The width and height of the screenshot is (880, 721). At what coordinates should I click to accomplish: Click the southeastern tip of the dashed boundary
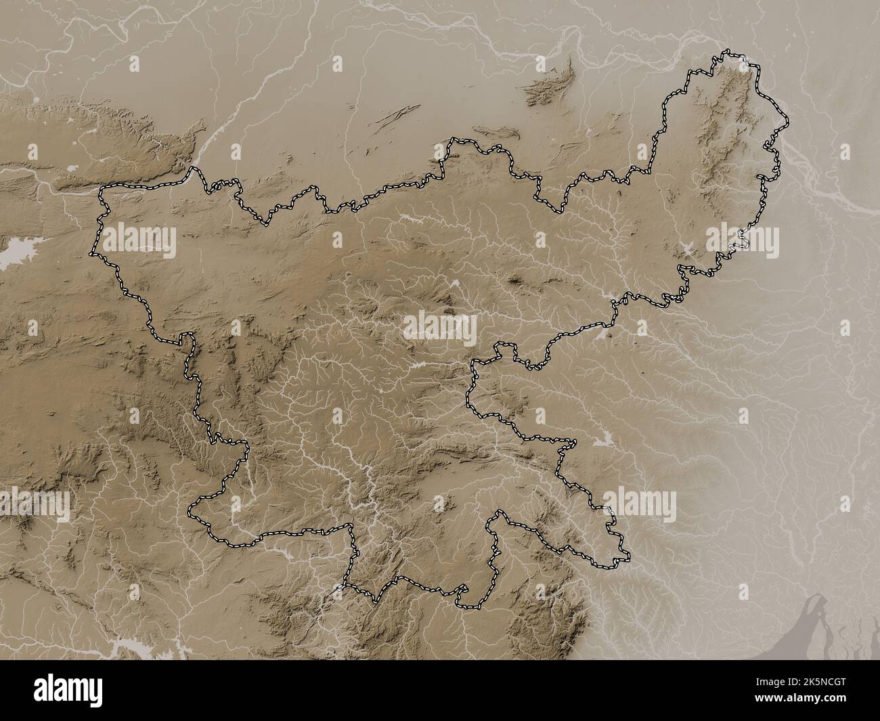[626, 559]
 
